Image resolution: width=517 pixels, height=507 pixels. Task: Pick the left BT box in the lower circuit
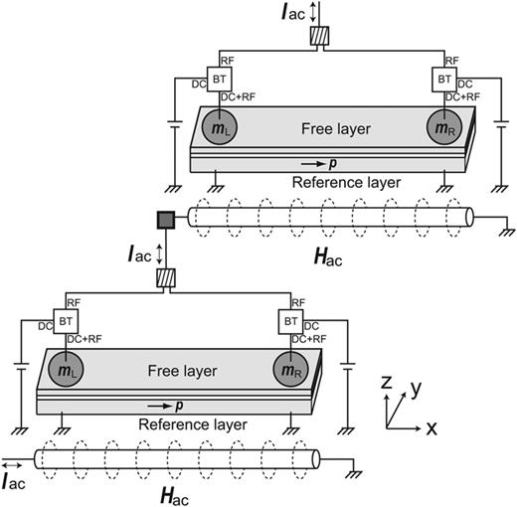tap(67, 321)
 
